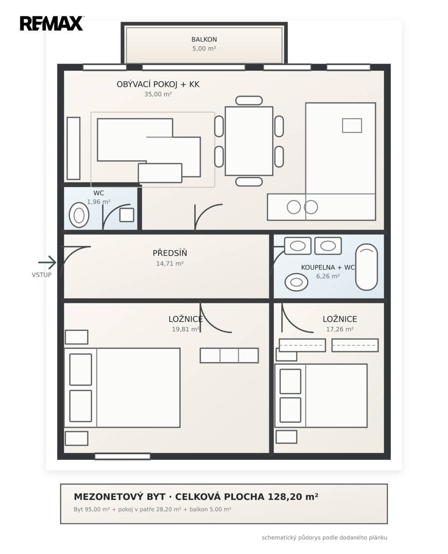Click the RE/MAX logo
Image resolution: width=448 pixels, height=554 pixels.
52,24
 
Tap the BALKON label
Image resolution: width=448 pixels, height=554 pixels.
204,40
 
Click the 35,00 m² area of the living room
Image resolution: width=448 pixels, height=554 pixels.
158,94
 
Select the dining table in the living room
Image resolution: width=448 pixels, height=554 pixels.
249,141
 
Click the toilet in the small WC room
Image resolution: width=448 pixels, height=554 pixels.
79,215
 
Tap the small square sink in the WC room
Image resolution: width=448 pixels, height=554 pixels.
127,215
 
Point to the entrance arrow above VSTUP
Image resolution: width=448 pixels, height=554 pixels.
47,262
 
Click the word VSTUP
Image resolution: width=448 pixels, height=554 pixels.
42,275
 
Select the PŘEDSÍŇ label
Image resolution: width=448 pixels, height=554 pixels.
170,253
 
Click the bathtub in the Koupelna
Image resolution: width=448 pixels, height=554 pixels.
366,267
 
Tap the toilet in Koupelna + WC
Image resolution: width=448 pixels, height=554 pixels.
296,282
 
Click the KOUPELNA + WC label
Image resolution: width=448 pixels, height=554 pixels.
328,267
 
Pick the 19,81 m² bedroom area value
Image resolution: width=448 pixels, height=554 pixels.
186,329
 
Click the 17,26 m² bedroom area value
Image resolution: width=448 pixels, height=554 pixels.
340,329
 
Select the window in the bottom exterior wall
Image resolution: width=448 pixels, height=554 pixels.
122,457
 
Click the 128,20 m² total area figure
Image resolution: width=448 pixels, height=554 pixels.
293,497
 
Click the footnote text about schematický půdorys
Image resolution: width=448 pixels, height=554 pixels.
324,538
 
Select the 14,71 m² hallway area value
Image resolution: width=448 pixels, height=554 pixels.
170,264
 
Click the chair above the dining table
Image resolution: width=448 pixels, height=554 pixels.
249,100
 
